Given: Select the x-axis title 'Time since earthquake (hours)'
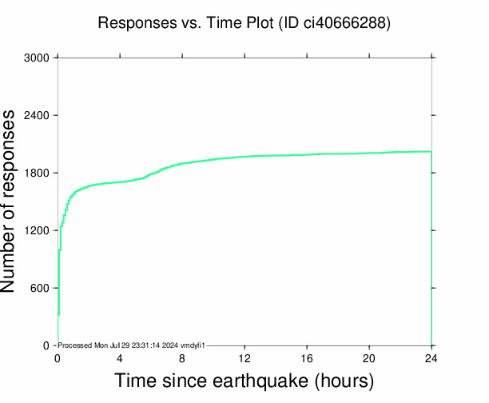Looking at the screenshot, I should pyautogui.click(x=245, y=380).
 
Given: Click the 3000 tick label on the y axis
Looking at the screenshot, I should pyautogui.click(x=37, y=58).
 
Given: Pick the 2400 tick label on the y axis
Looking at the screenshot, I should pyautogui.click(x=37, y=116).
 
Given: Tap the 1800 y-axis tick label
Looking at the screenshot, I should pyautogui.click(x=37, y=174).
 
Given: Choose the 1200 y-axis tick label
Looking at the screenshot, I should pyautogui.click(x=37, y=231).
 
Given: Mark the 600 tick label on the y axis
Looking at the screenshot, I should pyautogui.click(x=40, y=289).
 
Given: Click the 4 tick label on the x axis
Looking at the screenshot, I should pyautogui.click(x=120, y=358).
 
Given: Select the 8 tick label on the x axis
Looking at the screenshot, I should pyautogui.click(x=182, y=358).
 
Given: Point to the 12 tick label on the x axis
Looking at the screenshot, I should pyautogui.click(x=245, y=358).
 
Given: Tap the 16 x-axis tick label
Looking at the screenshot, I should pyautogui.click(x=307, y=358).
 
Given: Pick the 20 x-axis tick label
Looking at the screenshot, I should pyautogui.click(x=369, y=358).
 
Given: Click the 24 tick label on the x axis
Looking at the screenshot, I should pyautogui.click(x=431, y=358).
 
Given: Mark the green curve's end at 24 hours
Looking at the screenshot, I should pyautogui.click(x=431, y=151).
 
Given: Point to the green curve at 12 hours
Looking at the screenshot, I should pyautogui.click(x=245, y=157).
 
